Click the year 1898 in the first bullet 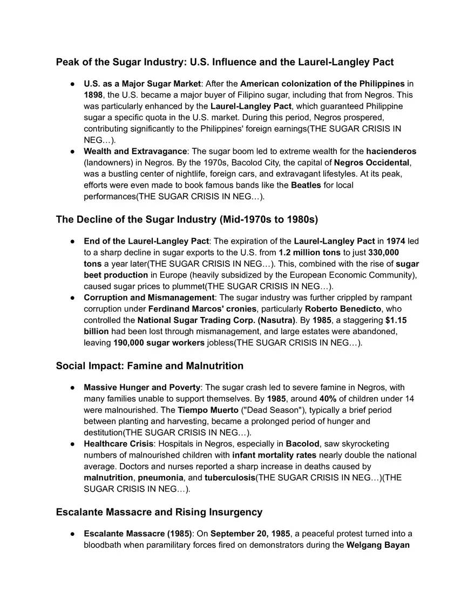(x=93, y=95)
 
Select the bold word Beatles (x=306, y=185)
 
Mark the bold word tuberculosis (x=230, y=478)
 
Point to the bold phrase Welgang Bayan (x=379, y=545)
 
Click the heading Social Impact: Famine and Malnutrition (x=150, y=366)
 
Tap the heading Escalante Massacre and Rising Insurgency (x=159, y=512)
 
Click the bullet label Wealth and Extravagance (x=135, y=151)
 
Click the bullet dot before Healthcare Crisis (x=72, y=444)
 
